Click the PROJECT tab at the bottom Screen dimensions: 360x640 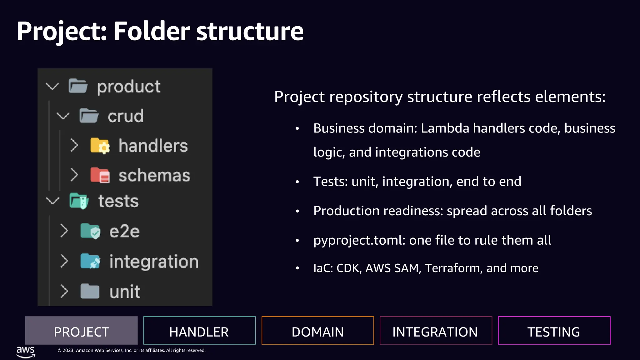[81, 331]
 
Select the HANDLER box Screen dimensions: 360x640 [199, 331]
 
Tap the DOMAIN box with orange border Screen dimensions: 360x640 [317, 331]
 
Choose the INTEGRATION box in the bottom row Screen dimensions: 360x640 [436, 331]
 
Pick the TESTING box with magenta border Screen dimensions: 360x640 [554, 331]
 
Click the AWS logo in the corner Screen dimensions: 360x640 [26, 352]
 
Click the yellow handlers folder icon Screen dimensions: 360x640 [100, 146]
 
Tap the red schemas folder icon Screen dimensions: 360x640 [100, 175]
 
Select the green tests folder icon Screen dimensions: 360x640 [79, 201]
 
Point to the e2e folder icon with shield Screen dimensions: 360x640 [90, 231]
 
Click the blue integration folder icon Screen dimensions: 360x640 [90, 261]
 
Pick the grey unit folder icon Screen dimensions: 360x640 [90, 291]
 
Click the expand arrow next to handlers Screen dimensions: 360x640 [74, 145]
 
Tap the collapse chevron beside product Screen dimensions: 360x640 [52, 86]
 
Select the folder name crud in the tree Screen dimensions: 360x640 [126, 116]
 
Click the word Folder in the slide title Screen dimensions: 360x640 [152, 31]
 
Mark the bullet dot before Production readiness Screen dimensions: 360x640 [297, 211]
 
